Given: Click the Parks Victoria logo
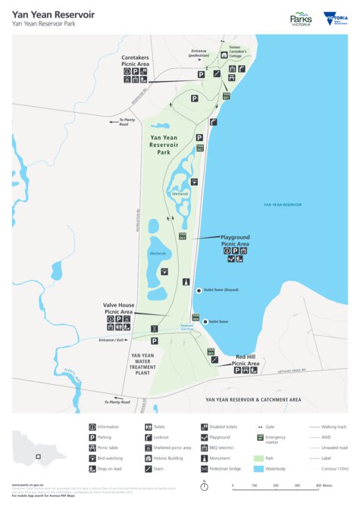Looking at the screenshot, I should tap(302, 19).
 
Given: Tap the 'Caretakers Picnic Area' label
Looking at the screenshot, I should tap(136, 61).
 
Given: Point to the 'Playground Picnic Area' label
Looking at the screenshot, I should tap(235, 241).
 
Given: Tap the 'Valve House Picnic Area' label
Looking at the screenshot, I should tap(118, 308).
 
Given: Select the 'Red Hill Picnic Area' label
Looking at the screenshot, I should tap(247, 361).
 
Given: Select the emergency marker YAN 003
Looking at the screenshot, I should tap(183, 236).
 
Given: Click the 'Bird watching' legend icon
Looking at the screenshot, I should tap(92, 457).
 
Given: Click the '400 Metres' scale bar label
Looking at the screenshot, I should tap(329, 486).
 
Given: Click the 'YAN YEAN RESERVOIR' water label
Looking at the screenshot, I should tap(282, 205).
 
